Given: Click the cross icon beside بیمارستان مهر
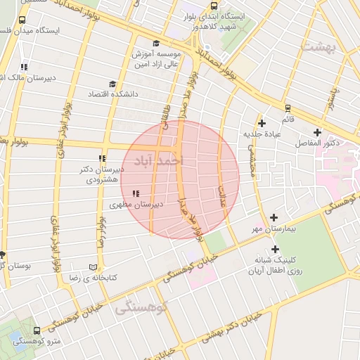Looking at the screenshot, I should (x=274, y=218).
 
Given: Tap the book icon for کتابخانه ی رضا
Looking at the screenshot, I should (x=94, y=267).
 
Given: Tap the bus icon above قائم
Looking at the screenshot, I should (x=288, y=108).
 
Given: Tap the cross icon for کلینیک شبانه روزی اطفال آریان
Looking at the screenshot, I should (x=274, y=249).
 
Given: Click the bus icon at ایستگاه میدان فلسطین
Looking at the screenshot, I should (x=23, y=20).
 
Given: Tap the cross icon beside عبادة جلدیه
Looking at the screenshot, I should (x=262, y=123).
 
